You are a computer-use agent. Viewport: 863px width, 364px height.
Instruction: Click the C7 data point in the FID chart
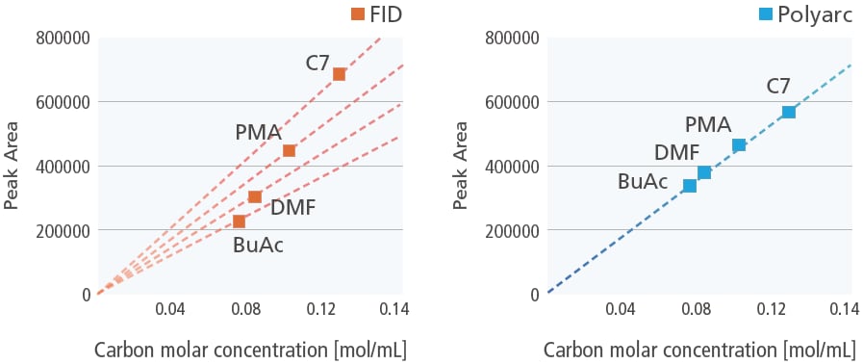(339, 74)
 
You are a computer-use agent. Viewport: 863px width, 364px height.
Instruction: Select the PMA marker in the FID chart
(289, 150)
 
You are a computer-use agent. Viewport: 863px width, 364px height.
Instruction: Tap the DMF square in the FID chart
(255, 196)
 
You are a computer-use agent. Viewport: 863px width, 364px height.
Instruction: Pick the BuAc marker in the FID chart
(239, 221)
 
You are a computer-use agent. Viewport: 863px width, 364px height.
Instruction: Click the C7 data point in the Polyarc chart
(789, 112)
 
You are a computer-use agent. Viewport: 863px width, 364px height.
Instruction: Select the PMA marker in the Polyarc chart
(739, 145)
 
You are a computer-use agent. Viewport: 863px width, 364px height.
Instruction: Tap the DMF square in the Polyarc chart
(704, 172)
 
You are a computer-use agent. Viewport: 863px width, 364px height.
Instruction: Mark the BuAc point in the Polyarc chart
(689, 186)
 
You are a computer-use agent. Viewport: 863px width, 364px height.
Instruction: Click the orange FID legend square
(357, 13)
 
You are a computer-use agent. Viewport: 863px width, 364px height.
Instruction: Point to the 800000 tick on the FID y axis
(63, 38)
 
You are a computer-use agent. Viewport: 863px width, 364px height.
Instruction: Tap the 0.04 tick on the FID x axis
(170, 310)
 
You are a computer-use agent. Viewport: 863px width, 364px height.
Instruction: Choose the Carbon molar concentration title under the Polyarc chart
(699, 349)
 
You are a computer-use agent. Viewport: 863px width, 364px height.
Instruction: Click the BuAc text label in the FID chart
(258, 246)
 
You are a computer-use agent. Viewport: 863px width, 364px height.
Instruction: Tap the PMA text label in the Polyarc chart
(708, 124)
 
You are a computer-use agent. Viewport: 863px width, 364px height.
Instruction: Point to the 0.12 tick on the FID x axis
(320, 310)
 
